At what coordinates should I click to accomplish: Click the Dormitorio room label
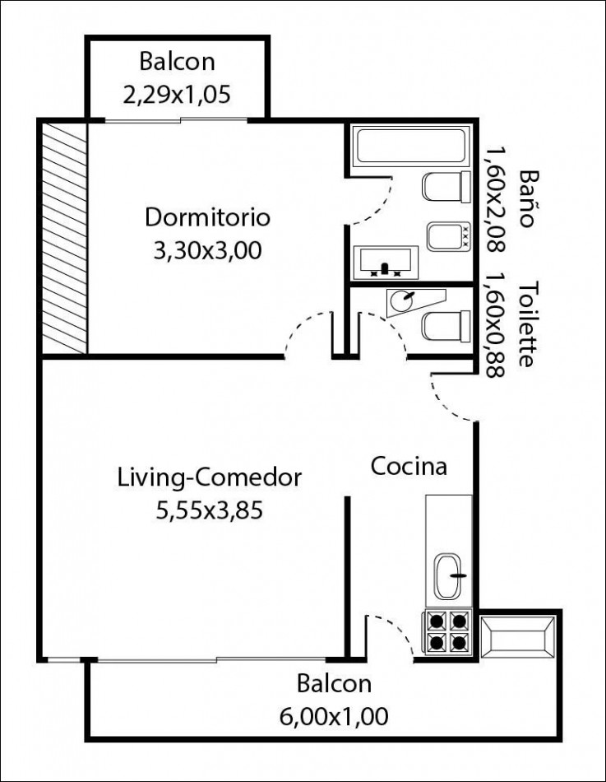(x=207, y=218)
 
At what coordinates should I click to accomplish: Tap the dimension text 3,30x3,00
(x=207, y=251)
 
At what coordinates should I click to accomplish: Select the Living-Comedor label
(x=210, y=477)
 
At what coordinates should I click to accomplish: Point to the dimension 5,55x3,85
(x=210, y=510)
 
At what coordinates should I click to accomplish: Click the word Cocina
(x=409, y=466)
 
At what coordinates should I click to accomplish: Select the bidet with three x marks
(x=448, y=236)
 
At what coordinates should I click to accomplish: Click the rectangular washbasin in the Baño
(x=386, y=262)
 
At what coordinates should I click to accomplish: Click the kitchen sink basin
(x=449, y=576)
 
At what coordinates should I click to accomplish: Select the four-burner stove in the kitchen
(x=448, y=631)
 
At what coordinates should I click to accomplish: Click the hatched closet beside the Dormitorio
(x=65, y=238)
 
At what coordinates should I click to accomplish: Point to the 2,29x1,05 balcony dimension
(x=177, y=95)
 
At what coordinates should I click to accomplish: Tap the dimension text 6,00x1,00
(x=334, y=717)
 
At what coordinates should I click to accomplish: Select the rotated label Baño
(x=528, y=199)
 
